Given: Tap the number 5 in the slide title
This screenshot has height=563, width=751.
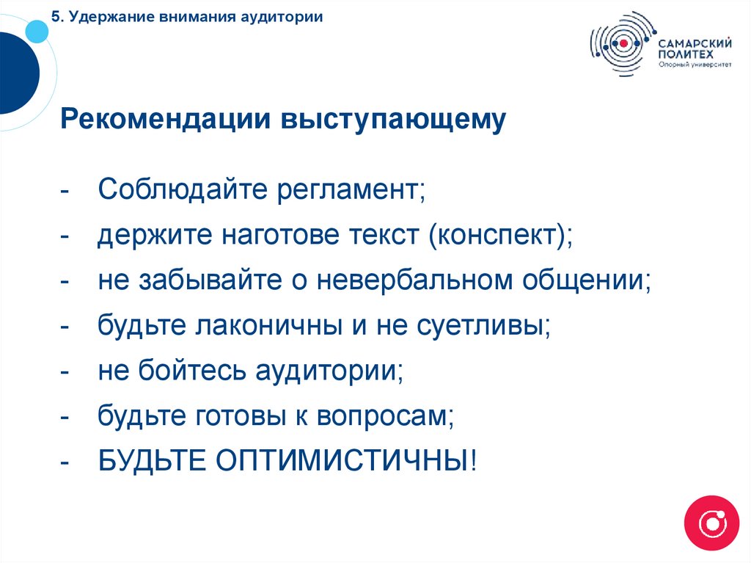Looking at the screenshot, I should (56, 16).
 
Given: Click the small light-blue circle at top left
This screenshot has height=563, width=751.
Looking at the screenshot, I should (36, 31).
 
